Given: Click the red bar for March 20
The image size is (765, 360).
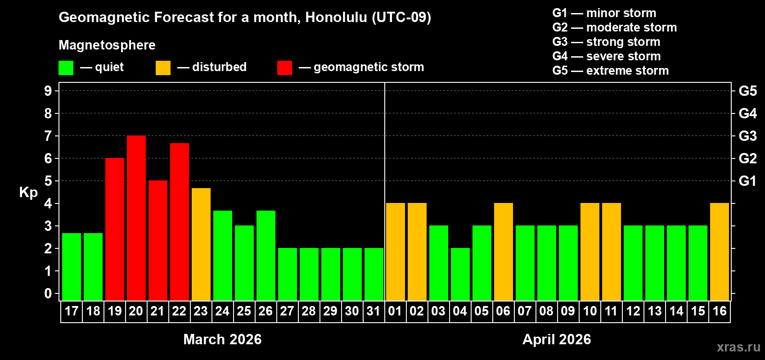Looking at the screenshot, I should pyautogui.click(x=136, y=218).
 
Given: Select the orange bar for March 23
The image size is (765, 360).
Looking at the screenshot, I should pyautogui.click(x=201, y=244).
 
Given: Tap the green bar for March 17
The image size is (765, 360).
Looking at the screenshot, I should pyautogui.click(x=72, y=267).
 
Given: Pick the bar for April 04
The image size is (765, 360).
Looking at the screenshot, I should pyautogui.click(x=460, y=274).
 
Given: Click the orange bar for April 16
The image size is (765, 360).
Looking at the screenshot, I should pyautogui.click(x=720, y=252).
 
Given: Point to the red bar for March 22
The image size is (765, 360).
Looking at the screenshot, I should pyautogui.click(x=180, y=222).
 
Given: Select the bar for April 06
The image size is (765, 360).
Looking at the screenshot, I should pyautogui.click(x=504, y=252).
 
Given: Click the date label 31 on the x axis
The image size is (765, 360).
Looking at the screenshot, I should pyautogui.click(x=373, y=311).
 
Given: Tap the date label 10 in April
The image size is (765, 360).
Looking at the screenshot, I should pyautogui.click(x=589, y=311).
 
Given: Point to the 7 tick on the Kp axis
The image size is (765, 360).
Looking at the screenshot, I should pyautogui.click(x=48, y=136).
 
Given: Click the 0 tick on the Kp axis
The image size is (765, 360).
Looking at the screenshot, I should pyautogui.click(x=48, y=293).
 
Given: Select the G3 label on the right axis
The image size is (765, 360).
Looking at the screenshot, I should pyautogui.click(x=747, y=136).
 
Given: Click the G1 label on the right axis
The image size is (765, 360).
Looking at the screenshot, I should pyautogui.click(x=747, y=181).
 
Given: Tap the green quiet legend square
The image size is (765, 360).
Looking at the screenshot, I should pyautogui.click(x=66, y=68).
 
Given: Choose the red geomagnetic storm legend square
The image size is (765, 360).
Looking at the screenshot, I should pyautogui.click(x=284, y=68).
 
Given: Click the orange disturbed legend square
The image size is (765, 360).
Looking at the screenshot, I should pyautogui.click(x=163, y=68).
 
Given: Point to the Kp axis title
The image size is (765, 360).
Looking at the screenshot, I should pyautogui.click(x=28, y=192).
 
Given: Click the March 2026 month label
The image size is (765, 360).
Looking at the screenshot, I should pyautogui.click(x=222, y=339).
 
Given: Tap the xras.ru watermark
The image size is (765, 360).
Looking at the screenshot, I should pyautogui.click(x=738, y=347).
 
